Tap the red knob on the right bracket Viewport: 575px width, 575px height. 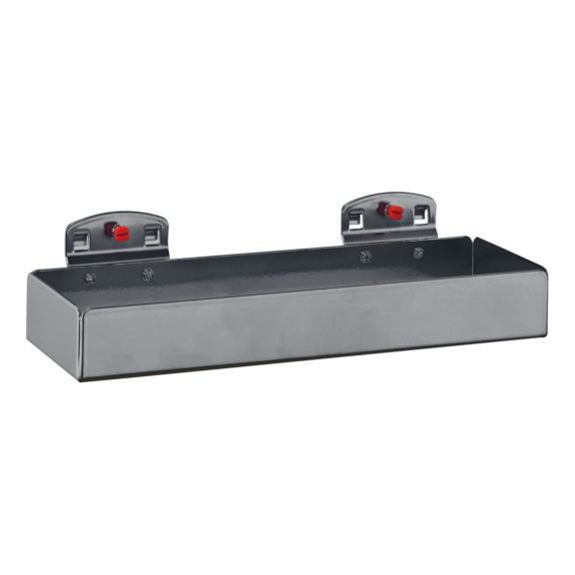tap(389, 211)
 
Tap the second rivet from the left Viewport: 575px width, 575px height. tap(148, 274)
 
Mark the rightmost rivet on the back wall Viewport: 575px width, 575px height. tap(418, 253)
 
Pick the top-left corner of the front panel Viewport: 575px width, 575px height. tap(81, 318)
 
